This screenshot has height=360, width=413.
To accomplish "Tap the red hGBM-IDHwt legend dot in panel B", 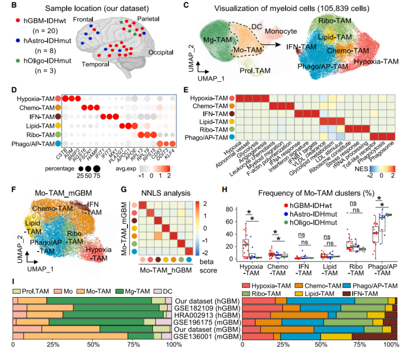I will tap(17, 21).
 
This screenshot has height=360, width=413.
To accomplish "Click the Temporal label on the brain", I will tap(95, 64).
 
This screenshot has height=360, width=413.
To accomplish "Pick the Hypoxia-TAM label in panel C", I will tap(376, 61).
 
